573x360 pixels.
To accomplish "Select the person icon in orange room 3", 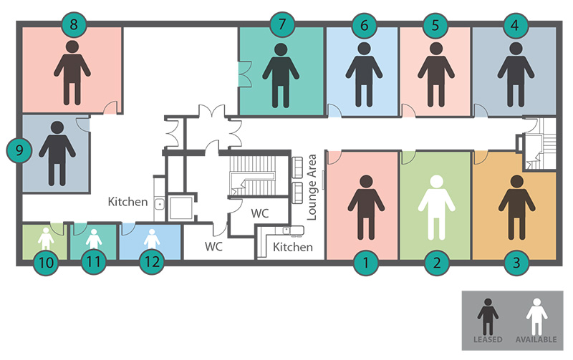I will pyautogui.click(x=513, y=208).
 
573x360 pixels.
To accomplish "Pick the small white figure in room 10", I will pyautogui.click(x=45, y=238).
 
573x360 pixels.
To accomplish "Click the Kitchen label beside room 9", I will pyautogui.click(x=127, y=203).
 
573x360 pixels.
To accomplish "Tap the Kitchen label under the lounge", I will pyautogui.click(x=293, y=248).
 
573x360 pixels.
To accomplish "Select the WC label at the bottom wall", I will pyautogui.click(x=214, y=246).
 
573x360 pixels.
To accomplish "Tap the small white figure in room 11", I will pyautogui.click(x=93, y=238).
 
